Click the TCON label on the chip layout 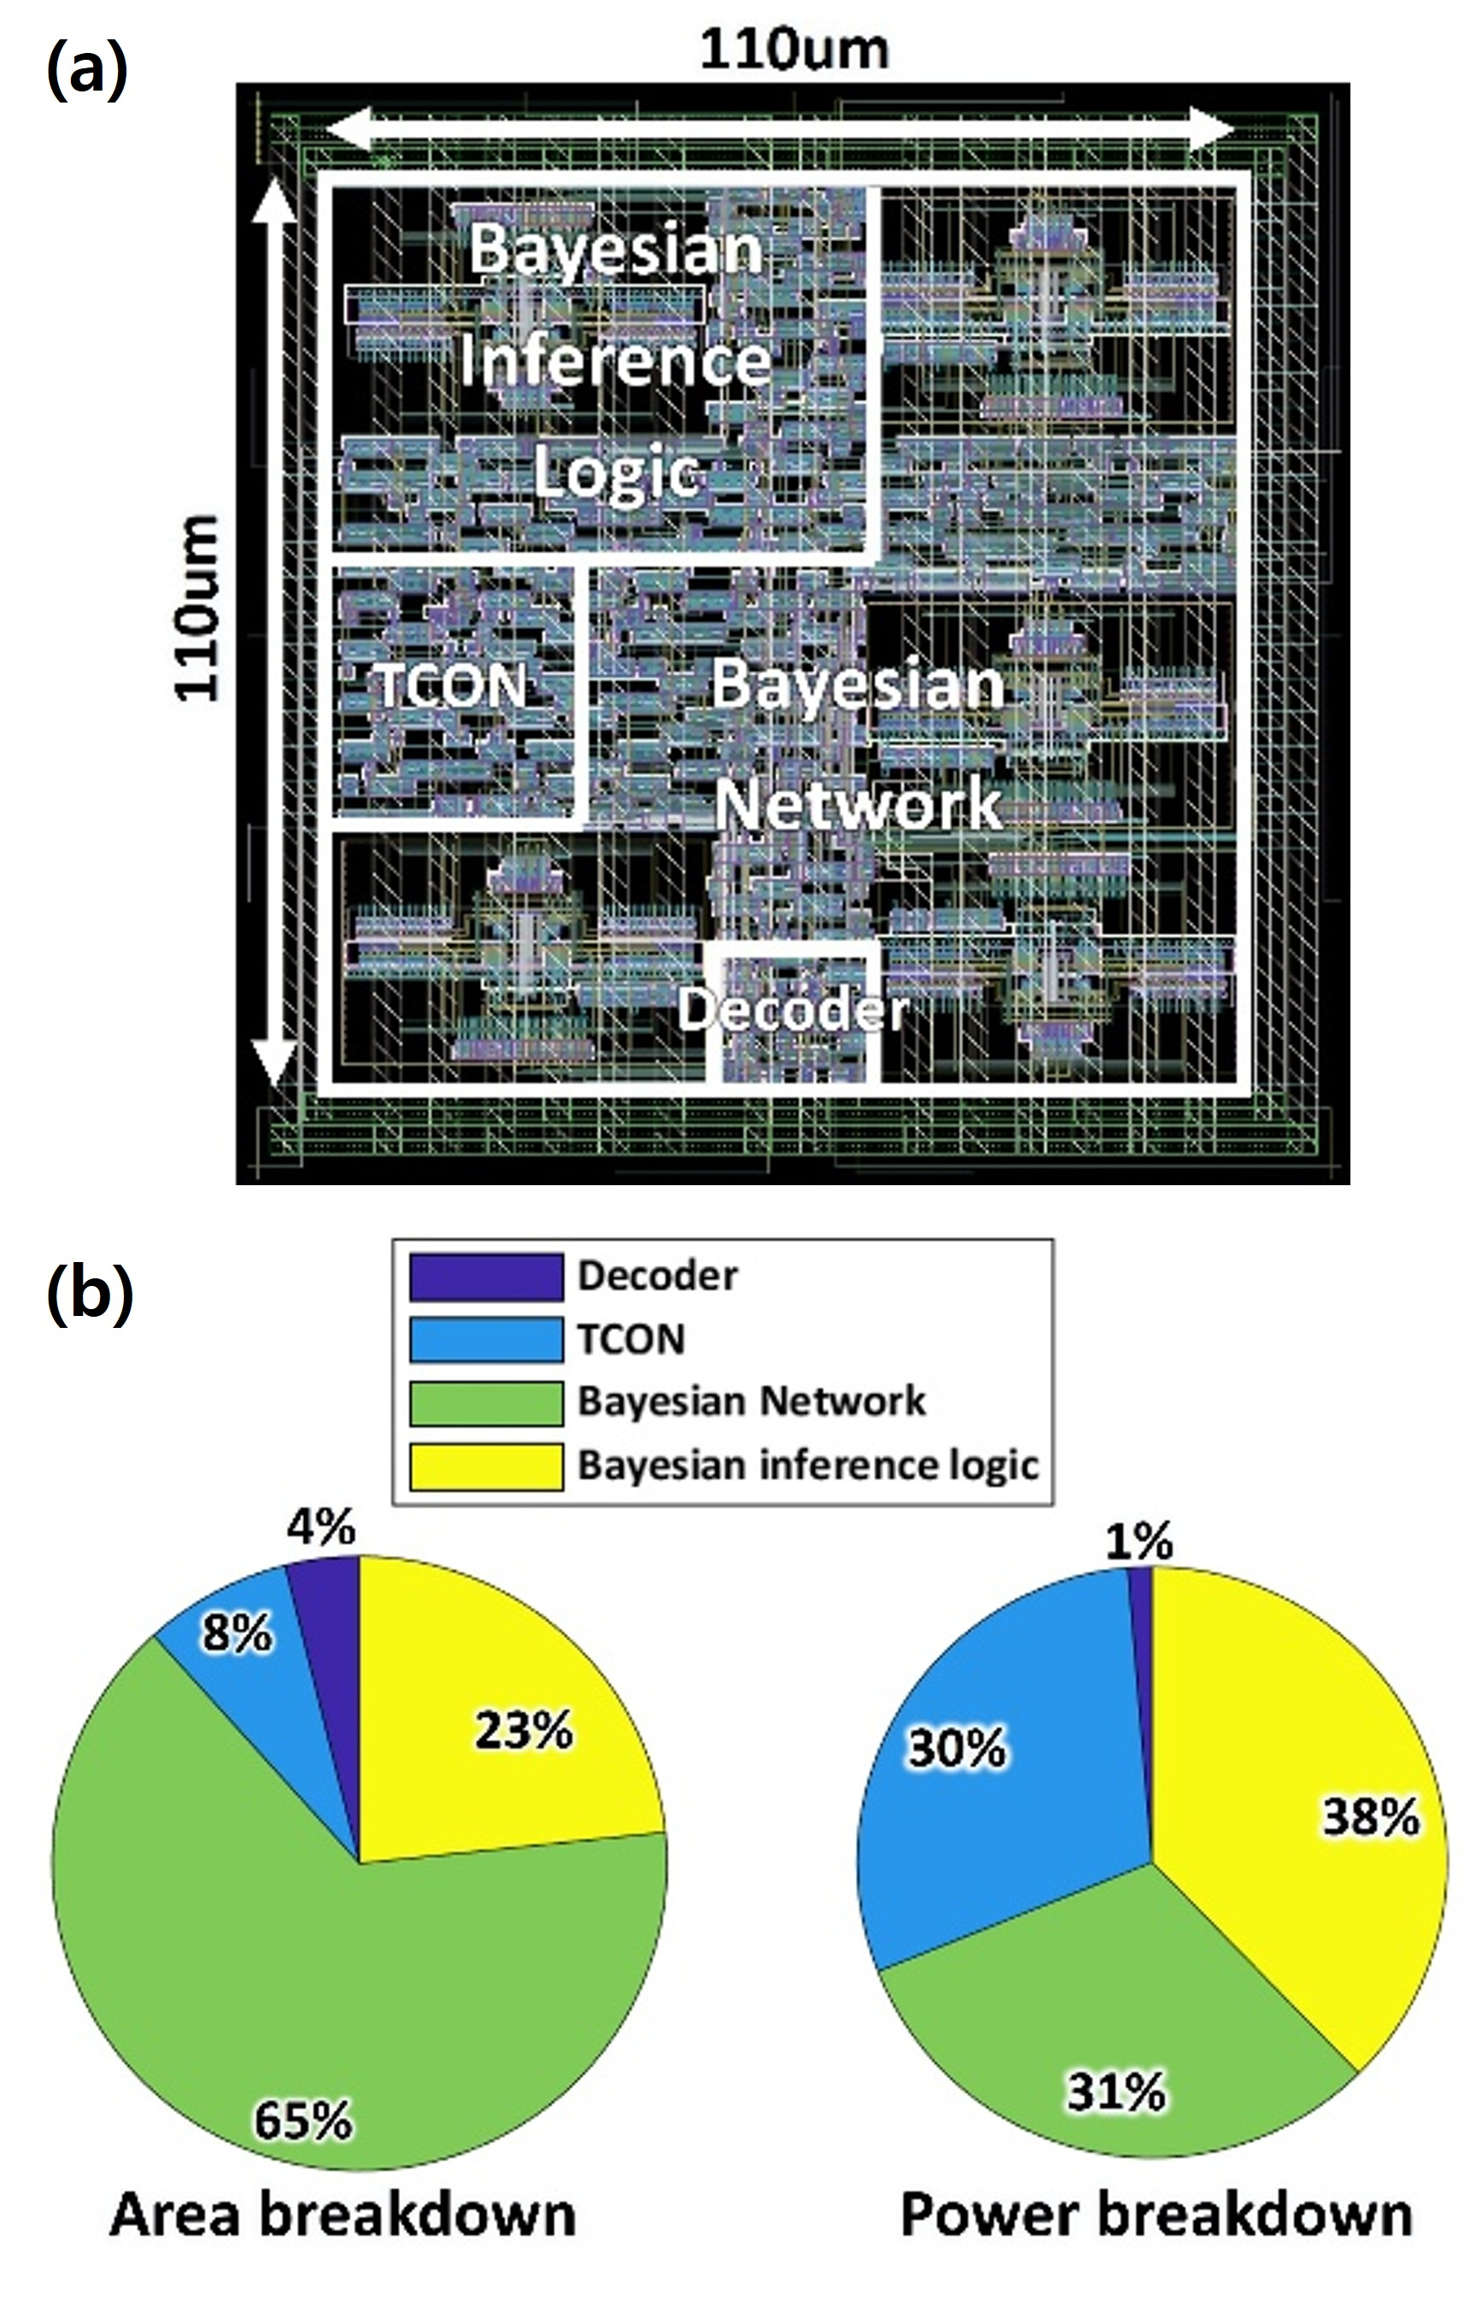coord(451,685)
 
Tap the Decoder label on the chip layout coord(793,1009)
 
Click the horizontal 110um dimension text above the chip coord(794,50)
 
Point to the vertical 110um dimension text coord(198,608)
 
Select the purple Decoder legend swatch coord(486,1277)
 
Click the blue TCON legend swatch coord(486,1339)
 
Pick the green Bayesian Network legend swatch coord(486,1402)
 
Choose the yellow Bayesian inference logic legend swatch coord(486,1466)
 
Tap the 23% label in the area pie coord(524,1732)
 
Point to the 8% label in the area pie coord(237,1632)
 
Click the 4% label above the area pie coord(321,1527)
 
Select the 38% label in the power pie coord(1371,1818)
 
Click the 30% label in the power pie coord(958,1748)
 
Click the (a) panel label coord(86,69)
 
